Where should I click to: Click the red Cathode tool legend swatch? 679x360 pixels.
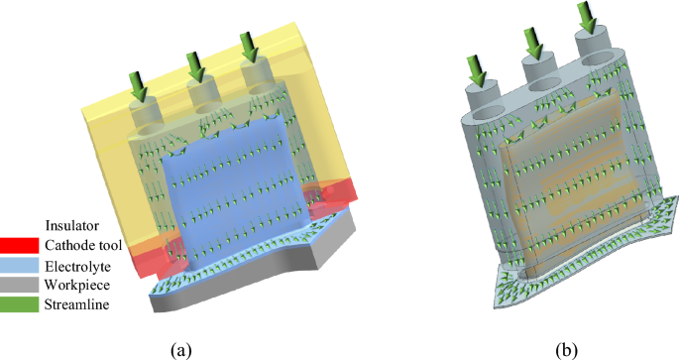[x=19, y=245]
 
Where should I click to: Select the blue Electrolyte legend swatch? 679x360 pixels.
[x=19, y=266]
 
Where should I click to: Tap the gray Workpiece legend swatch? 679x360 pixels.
[x=19, y=285]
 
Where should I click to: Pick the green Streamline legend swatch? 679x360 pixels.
[x=19, y=304]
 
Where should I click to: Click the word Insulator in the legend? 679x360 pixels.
[x=72, y=226]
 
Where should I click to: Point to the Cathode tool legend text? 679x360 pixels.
[x=83, y=245]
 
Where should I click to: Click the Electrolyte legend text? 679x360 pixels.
[x=77, y=266]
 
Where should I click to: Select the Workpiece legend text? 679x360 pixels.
[x=77, y=285]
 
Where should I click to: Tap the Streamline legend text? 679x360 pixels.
[x=76, y=304]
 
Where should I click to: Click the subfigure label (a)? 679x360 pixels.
[x=181, y=350]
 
